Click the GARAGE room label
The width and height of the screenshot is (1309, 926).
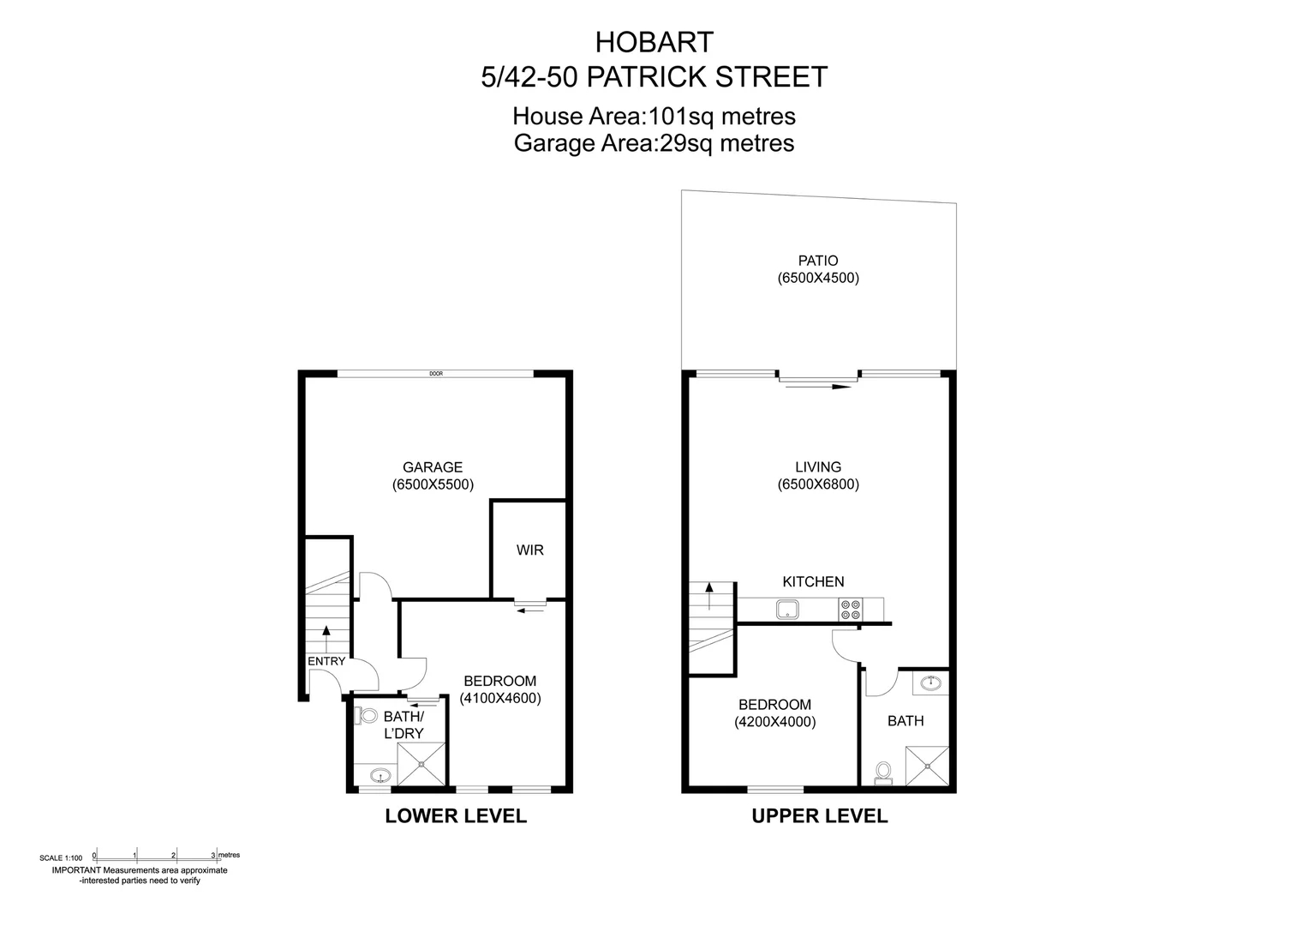coord(433,467)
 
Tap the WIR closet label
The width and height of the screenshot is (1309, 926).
coord(529,550)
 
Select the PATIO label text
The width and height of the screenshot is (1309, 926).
coord(817,261)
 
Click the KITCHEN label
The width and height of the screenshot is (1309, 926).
coord(813,581)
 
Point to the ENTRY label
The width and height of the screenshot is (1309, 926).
coord(326,661)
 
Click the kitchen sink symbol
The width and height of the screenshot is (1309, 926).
coord(787,610)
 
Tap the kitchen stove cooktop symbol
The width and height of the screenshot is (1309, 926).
coord(851,610)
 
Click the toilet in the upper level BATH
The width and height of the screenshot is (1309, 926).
coord(882,773)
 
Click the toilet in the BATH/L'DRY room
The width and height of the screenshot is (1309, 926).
coord(368,714)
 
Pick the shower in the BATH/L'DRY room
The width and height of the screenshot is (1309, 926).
coord(421,762)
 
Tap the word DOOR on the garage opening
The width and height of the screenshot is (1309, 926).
coord(436,374)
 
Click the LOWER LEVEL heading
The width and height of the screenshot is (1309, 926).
coord(456,815)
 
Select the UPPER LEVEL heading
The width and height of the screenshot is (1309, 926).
coord(819,815)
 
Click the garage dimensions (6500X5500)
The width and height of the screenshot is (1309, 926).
coord(433,484)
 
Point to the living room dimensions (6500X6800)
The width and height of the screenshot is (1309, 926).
coord(818,484)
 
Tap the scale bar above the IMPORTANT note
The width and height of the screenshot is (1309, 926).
coord(154,854)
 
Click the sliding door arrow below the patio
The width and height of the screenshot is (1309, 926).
coord(818,387)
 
